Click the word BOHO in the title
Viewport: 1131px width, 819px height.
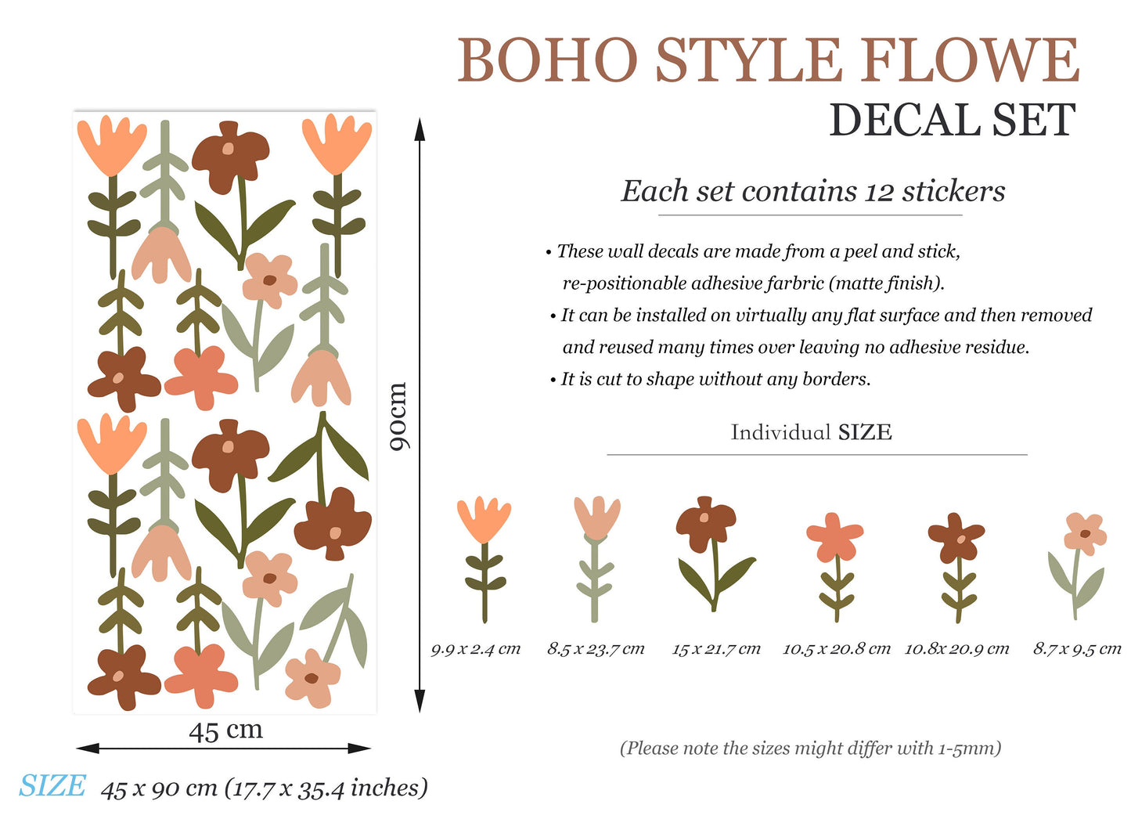pos(547,60)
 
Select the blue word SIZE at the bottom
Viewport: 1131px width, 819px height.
pos(52,785)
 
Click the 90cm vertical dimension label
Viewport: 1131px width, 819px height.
pos(398,416)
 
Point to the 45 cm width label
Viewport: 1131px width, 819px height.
pos(226,730)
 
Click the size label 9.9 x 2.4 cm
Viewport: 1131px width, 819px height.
pos(476,649)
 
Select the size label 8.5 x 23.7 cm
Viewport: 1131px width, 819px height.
pos(596,649)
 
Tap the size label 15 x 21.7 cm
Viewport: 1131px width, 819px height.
pos(716,649)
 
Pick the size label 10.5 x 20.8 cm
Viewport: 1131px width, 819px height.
pos(837,649)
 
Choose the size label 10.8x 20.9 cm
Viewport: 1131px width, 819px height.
pos(956,649)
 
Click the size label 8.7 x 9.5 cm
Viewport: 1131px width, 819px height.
pos(1077,649)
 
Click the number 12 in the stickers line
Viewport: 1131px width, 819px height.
pos(879,193)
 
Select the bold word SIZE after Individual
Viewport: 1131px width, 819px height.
pos(865,432)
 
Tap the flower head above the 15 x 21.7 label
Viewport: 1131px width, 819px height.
pos(705,524)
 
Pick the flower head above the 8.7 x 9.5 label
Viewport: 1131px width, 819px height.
pos(1085,534)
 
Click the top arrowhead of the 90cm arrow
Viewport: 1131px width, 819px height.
pos(420,129)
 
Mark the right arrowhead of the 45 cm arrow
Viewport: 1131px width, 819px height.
pos(359,749)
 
